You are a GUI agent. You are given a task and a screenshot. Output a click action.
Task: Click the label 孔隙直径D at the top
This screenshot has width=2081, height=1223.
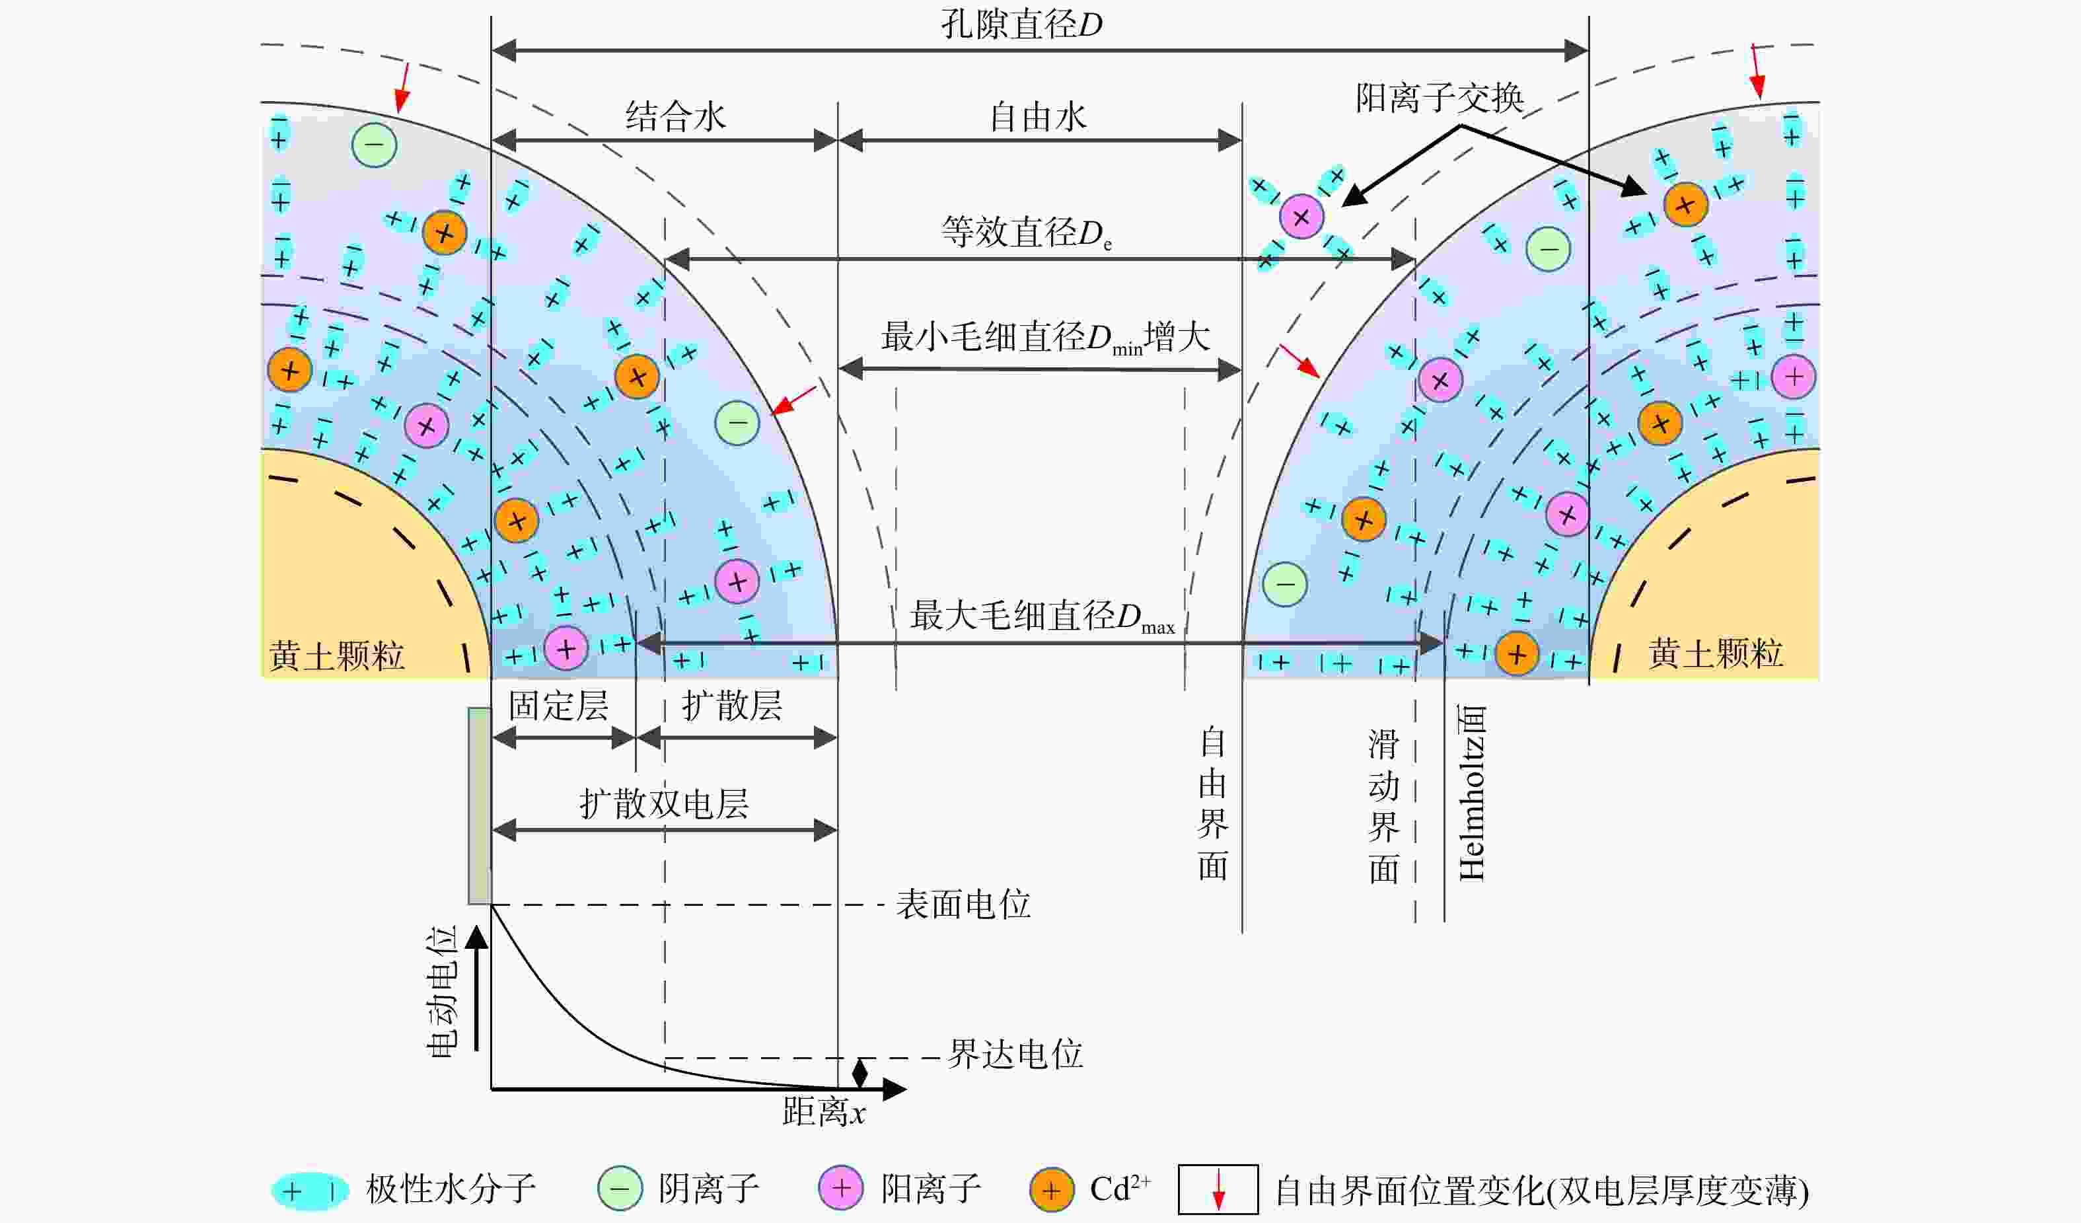point(1021,24)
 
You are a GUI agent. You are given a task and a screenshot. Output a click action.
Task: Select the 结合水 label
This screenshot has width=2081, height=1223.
point(675,116)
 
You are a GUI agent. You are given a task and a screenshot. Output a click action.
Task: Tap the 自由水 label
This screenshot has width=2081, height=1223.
point(1038,117)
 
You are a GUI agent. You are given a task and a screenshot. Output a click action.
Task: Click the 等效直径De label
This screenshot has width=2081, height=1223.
point(1027,233)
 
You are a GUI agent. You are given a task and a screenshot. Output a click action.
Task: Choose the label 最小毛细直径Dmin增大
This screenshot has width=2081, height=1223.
point(1045,338)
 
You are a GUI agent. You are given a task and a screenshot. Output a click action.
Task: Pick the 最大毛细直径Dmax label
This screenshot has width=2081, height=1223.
point(1042,616)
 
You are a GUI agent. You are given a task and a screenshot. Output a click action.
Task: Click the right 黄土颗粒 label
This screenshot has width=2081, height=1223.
point(1715,654)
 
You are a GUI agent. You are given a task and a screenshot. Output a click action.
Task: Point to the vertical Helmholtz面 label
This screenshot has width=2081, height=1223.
point(1473,793)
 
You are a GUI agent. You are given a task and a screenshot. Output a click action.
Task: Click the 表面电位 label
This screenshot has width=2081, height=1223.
point(964,905)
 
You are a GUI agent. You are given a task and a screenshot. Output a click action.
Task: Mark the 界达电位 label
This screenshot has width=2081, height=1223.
point(1015,1055)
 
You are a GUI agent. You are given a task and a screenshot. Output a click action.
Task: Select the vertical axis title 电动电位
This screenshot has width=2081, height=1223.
point(442,992)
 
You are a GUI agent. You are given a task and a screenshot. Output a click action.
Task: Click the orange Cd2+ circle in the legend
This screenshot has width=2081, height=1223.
point(1051,1190)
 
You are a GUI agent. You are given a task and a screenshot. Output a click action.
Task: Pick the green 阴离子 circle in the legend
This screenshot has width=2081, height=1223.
point(620,1189)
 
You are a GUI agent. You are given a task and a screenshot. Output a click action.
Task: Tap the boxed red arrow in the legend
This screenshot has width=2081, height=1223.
point(1218,1189)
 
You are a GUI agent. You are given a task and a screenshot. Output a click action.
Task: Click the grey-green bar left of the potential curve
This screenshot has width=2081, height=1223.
point(480,806)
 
